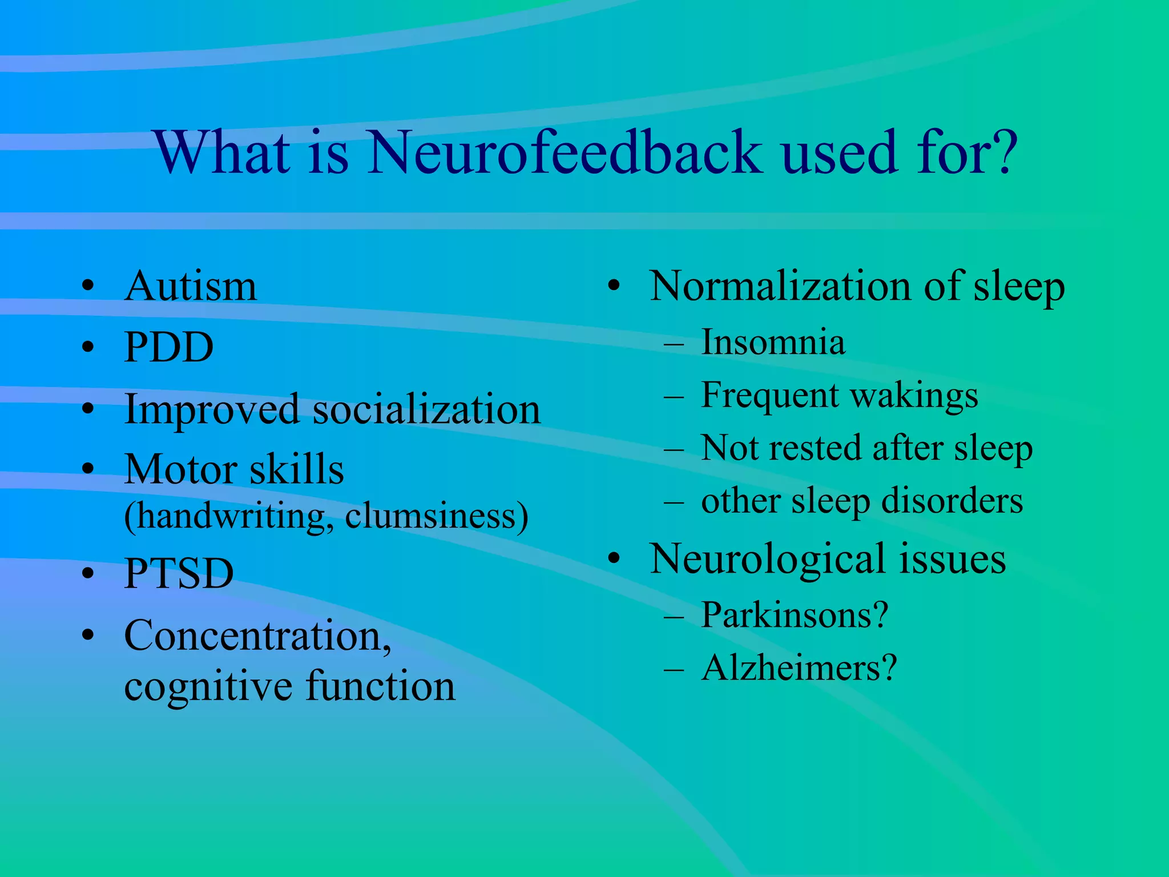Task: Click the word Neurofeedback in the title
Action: [x=565, y=152]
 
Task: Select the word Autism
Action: [x=191, y=286]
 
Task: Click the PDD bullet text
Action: [x=169, y=347]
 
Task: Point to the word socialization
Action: [x=426, y=410]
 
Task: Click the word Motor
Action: [x=180, y=470]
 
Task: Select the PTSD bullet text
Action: [x=179, y=573]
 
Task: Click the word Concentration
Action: [x=257, y=636]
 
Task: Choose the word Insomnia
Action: [x=773, y=343]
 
